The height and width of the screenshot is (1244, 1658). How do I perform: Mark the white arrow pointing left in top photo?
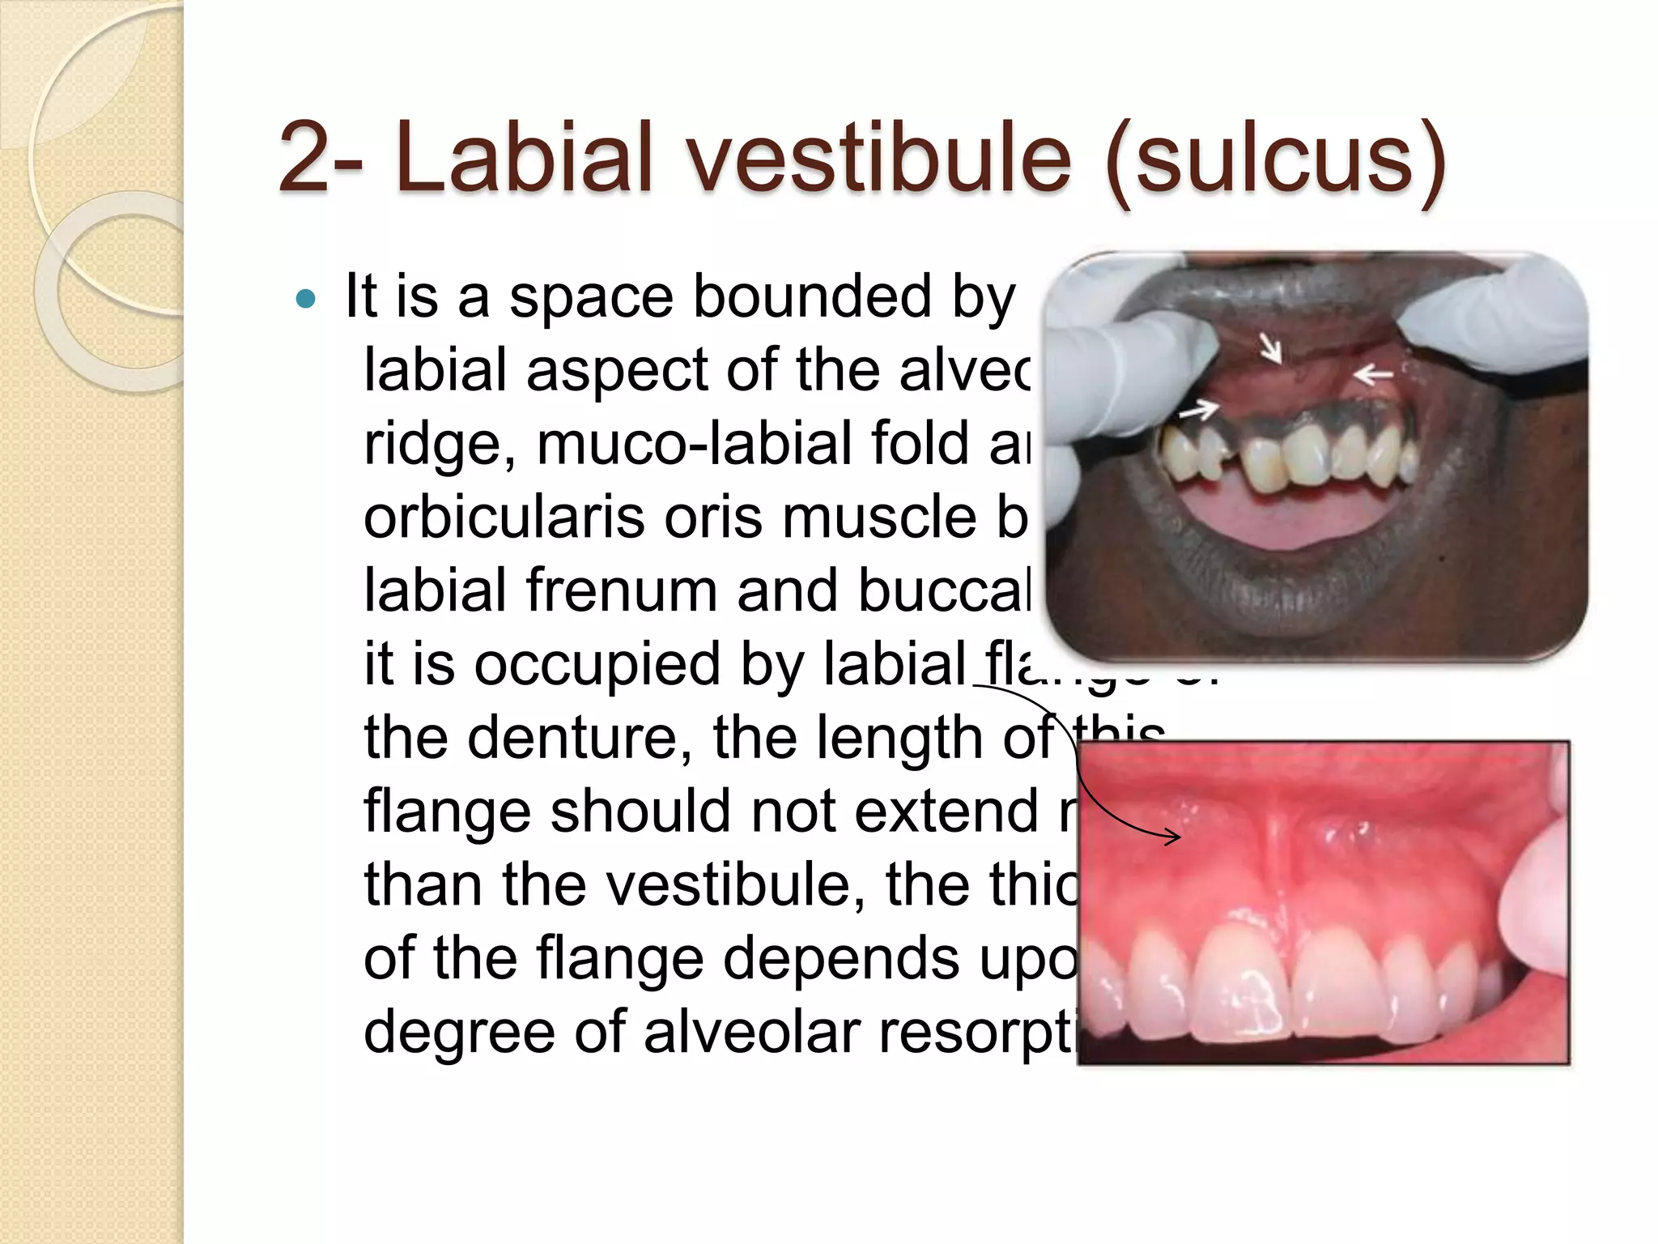(x=1373, y=375)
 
